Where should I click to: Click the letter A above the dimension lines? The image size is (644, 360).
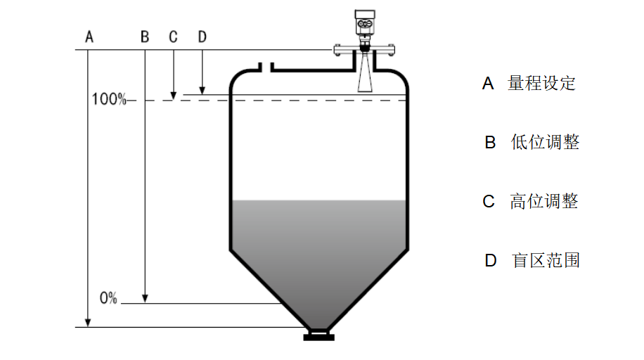(89, 37)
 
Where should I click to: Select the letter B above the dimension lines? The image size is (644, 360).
(145, 37)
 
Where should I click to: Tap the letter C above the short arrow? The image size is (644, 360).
(173, 37)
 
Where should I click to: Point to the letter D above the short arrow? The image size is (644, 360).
(202, 37)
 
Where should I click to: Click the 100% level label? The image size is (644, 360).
(108, 100)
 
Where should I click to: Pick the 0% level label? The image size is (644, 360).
(108, 298)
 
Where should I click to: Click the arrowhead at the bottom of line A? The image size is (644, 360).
(89, 323)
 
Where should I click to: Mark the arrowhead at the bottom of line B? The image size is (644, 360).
(145, 300)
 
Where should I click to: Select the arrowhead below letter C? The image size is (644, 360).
(173, 95)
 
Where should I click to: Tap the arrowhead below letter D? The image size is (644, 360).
(202, 90)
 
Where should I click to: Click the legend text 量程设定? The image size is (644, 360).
(541, 84)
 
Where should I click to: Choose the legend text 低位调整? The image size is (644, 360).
(545, 142)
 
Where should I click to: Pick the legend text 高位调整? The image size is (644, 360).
(544, 202)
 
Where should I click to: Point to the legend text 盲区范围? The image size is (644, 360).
(546, 261)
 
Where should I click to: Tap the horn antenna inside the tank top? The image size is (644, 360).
(364, 76)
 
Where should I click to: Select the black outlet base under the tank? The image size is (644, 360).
(318, 336)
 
